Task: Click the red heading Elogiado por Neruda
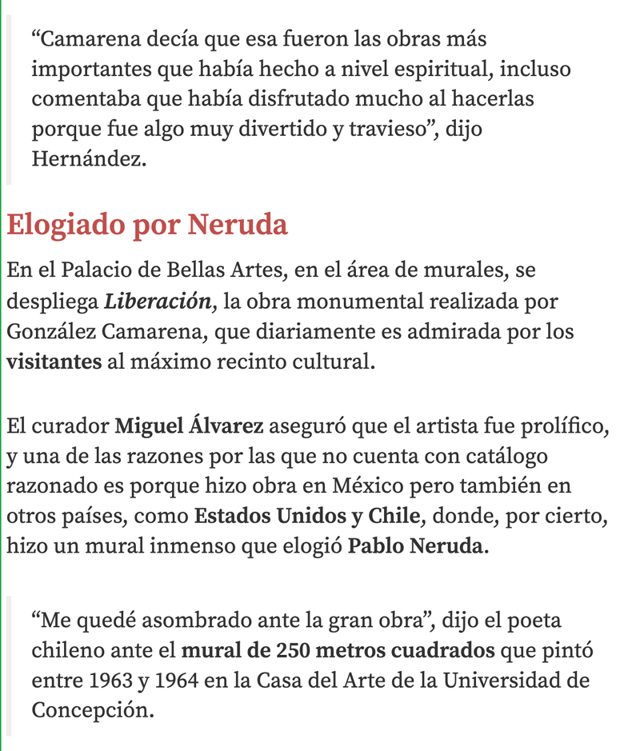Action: [147, 226]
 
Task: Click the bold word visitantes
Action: [54, 361]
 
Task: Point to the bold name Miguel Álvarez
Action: [189, 427]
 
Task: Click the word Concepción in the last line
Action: [92, 709]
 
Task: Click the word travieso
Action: [405, 129]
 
